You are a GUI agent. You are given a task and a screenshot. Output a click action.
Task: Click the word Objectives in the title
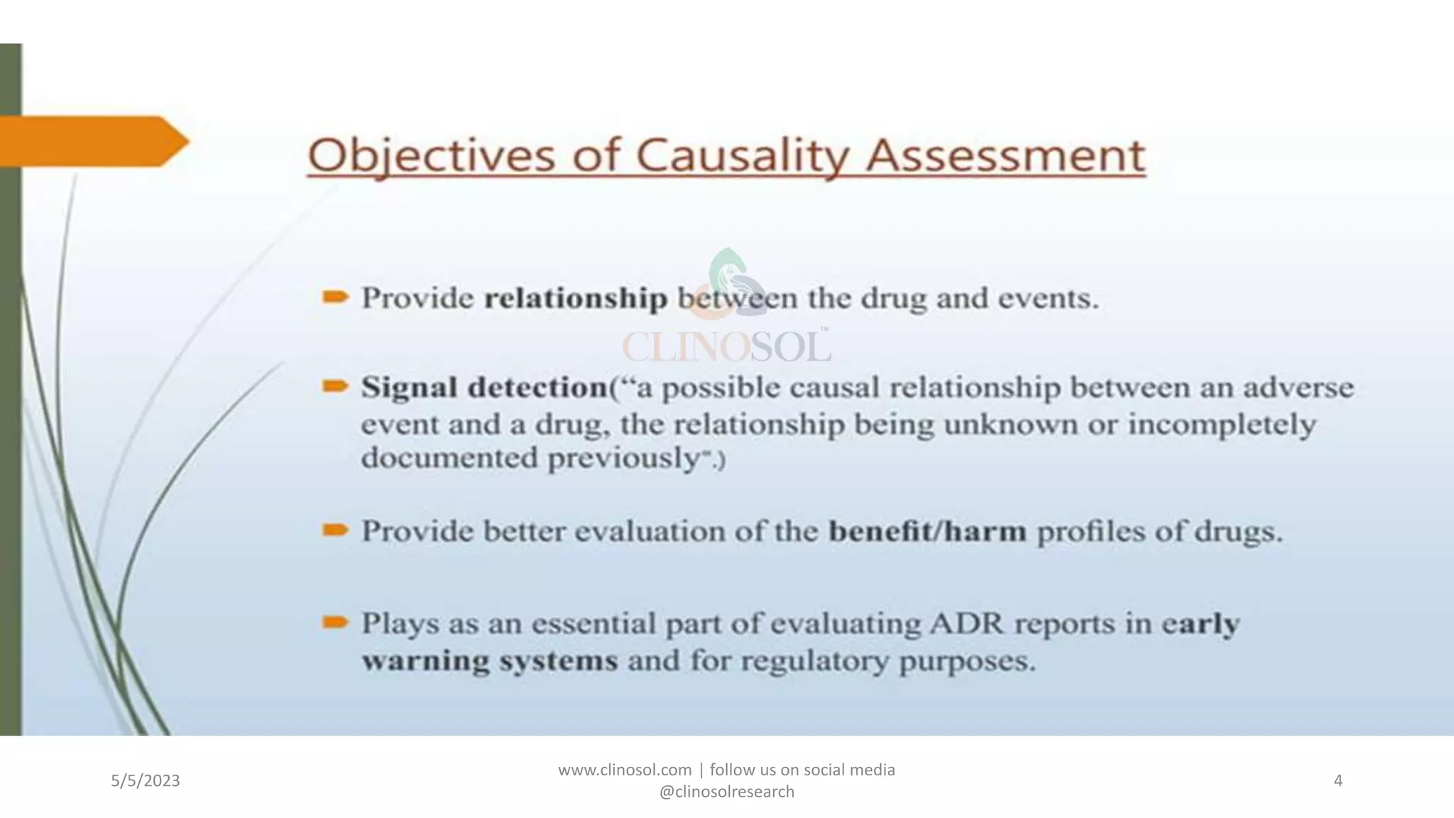(430, 156)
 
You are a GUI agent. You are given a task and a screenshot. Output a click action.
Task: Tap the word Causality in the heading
(743, 156)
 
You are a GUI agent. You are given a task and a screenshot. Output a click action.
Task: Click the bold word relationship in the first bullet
(575, 299)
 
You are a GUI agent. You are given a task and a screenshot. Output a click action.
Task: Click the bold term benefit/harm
(927, 531)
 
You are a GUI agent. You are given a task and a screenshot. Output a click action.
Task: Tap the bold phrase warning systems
(490, 661)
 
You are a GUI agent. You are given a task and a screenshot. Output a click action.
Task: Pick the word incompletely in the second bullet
(1222, 425)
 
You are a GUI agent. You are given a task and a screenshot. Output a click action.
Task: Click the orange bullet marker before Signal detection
(335, 386)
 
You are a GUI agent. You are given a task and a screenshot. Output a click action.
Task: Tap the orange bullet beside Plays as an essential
(335, 623)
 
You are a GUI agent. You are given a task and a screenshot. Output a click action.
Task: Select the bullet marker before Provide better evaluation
(335, 530)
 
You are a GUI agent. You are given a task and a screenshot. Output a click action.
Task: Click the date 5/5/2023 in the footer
(146, 781)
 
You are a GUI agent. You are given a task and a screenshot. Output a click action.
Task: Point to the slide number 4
(1338, 781)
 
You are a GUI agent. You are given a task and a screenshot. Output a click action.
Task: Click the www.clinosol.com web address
(625, 770)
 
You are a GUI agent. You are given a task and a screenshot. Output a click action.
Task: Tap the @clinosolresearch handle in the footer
(726, 792)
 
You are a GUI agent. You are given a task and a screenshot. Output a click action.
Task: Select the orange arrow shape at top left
(92, 141)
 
